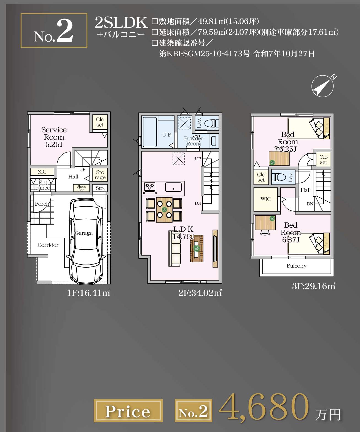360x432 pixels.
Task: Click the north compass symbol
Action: (323, 86)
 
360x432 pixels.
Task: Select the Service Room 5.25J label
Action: (54, 137)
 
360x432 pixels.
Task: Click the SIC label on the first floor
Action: (42, 172)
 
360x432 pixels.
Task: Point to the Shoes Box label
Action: (82, 188)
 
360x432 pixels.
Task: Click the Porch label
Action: (42, 204)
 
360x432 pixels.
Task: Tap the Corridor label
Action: (48, 245)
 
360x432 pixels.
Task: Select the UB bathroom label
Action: (167, 135)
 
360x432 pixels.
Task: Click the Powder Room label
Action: (193, 141)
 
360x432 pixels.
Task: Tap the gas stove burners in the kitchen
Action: (150, 188)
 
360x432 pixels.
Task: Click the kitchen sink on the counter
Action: (173, 187)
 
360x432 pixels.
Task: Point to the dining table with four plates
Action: (164, 210)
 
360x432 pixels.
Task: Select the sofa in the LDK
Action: (175, 249)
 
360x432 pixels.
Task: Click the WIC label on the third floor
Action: (265, 199)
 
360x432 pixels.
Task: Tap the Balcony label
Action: (297, 266)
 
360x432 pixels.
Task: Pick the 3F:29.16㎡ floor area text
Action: (313, 286)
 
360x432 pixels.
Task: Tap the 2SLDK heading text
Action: (121, 23)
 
